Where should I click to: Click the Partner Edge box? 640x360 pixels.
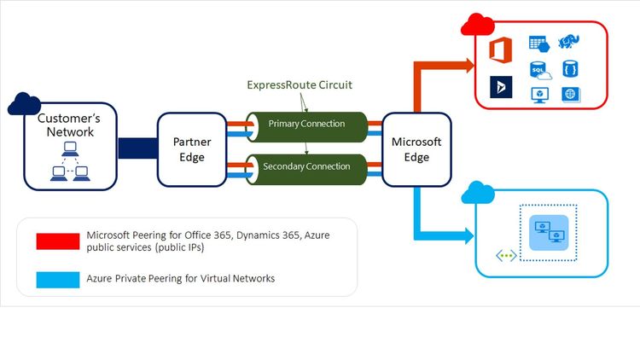pyautogui.click(x=192, y=150)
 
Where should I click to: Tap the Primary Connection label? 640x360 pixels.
pyautogui.click(x=306, y=124)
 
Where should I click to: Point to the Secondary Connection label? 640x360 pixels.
pyautogui.click(x=306, y=165)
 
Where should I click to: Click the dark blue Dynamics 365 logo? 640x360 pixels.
pyautogui.click(x=501, y=87)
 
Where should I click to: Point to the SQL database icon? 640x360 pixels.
pyautogui.click(x=539, y=70)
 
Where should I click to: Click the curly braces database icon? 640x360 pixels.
pyautogui.click(x=569, y=68)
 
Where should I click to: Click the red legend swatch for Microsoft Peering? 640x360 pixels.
pyautogui.click(x=58, y=241)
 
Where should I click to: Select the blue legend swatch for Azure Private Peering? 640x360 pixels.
pyautogui.click(x=58, y=278)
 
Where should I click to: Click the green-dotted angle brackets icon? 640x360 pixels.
pyautogui.click(x=506, y=255)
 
